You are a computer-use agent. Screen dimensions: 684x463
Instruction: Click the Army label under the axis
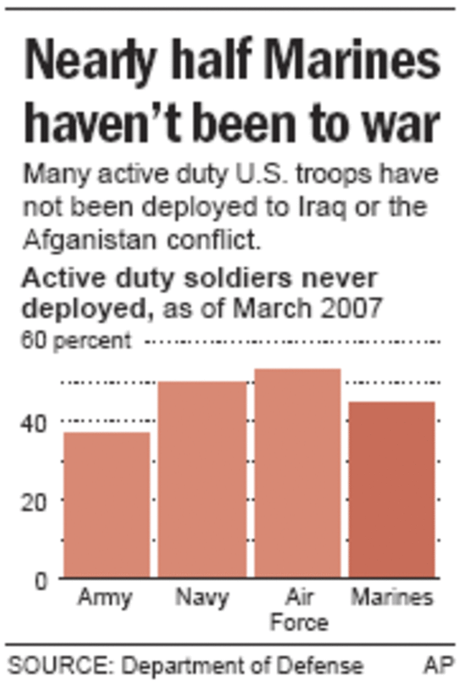pos(105,598)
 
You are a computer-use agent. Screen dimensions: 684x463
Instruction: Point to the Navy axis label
pos(202,598)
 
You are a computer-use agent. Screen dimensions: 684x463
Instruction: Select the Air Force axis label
pos(299,609)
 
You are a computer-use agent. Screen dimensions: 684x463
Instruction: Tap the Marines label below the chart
pos(392,598)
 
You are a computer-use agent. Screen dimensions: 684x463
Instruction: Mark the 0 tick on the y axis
pos(40,580)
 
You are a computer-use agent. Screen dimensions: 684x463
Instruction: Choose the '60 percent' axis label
pos(76,340)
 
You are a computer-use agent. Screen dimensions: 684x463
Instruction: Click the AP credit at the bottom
pos(439,665)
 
